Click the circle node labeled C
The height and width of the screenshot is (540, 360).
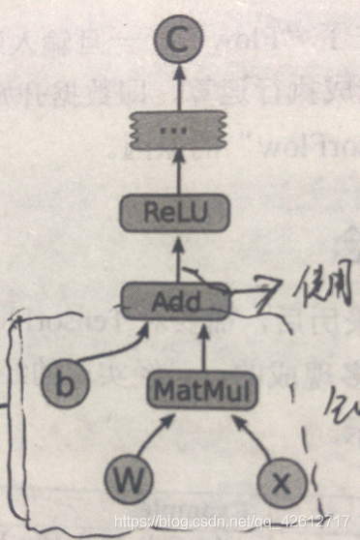177,42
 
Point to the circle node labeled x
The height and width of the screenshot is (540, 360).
280,481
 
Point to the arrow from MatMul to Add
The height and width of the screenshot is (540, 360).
205,346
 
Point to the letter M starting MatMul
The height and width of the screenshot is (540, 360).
165,391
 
